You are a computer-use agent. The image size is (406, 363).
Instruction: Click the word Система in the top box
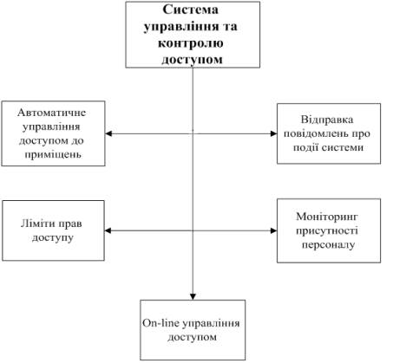(190, 10)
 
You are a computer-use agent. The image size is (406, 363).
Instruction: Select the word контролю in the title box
(191, 43)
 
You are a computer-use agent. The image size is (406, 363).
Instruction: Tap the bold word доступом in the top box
(192, 60)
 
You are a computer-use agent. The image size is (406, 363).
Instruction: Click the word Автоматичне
(52, 113)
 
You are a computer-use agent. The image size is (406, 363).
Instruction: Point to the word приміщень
(53, 154)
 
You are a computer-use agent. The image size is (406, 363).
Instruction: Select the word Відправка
(327, 120)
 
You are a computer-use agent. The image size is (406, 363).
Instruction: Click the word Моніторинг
(327, 217)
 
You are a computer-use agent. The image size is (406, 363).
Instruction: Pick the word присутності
(327, 230)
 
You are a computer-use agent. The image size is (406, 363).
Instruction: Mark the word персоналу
(328, 245)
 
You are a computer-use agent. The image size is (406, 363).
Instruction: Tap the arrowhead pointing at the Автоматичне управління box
(108, 133)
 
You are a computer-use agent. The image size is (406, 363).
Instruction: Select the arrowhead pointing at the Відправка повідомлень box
(273, 133)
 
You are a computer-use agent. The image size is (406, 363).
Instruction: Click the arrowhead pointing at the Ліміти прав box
(108, 230)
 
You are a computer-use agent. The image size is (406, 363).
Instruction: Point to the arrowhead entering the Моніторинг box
(273, 230)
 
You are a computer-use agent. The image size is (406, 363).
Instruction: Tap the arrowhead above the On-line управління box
(193, 296)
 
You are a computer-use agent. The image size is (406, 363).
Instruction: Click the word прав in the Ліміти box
(70, 224)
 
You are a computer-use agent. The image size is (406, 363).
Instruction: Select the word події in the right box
(306, 148)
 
